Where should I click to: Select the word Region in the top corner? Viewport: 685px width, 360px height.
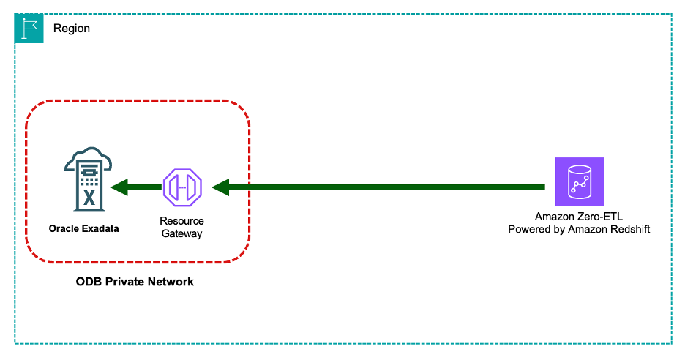[72, 29]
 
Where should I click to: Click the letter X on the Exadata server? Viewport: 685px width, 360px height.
[89, 197]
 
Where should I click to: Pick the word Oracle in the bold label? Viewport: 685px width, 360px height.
[64, 229]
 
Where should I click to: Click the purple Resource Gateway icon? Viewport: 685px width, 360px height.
[182, 188]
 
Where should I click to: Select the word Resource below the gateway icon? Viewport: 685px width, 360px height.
[182, 221]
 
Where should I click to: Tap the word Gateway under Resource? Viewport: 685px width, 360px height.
[182, 233]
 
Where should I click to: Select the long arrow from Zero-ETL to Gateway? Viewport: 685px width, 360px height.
[381, 188]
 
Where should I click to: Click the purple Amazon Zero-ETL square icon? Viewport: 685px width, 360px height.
[580, 181]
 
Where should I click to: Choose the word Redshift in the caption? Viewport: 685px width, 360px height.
[629, 230]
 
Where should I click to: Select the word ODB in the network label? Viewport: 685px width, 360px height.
[89, 282]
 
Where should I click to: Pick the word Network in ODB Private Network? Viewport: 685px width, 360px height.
[171, 282]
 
